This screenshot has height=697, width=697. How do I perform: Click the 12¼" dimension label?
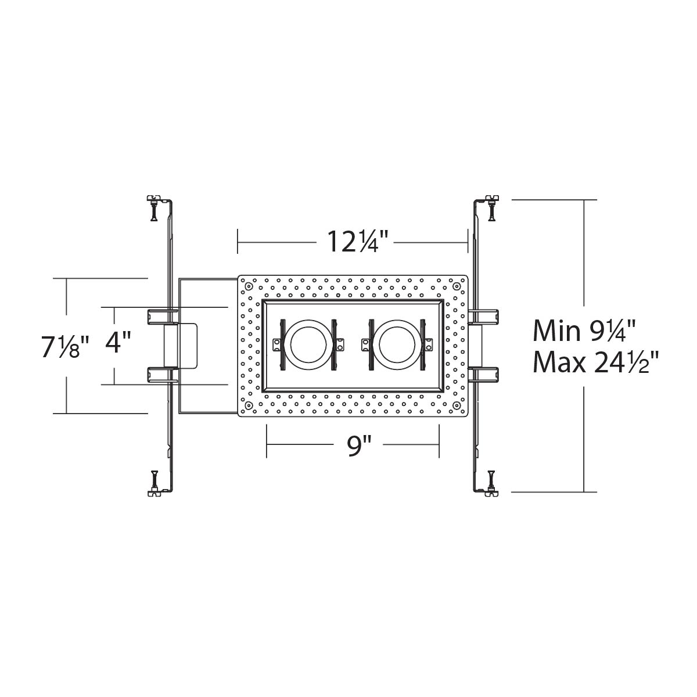coord(352,241)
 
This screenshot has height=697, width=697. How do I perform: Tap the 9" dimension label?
coord(359,447)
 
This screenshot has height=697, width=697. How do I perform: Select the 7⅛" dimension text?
coord(64,347)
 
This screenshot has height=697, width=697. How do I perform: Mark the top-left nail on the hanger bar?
coord(153,209)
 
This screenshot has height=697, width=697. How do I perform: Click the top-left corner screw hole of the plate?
coord(249,286)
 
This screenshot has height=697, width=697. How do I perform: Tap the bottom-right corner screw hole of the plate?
coord(455,405)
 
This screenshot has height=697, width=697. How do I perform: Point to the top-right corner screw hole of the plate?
coord(455,286)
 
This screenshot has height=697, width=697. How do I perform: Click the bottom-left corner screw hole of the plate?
coord(249,405)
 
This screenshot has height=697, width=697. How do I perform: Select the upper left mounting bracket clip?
coord(159,316)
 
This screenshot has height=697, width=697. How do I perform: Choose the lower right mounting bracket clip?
coord(484,373)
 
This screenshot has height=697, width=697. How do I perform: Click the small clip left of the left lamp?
coord(277,344)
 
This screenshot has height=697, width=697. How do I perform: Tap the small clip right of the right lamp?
coord(429,344)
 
